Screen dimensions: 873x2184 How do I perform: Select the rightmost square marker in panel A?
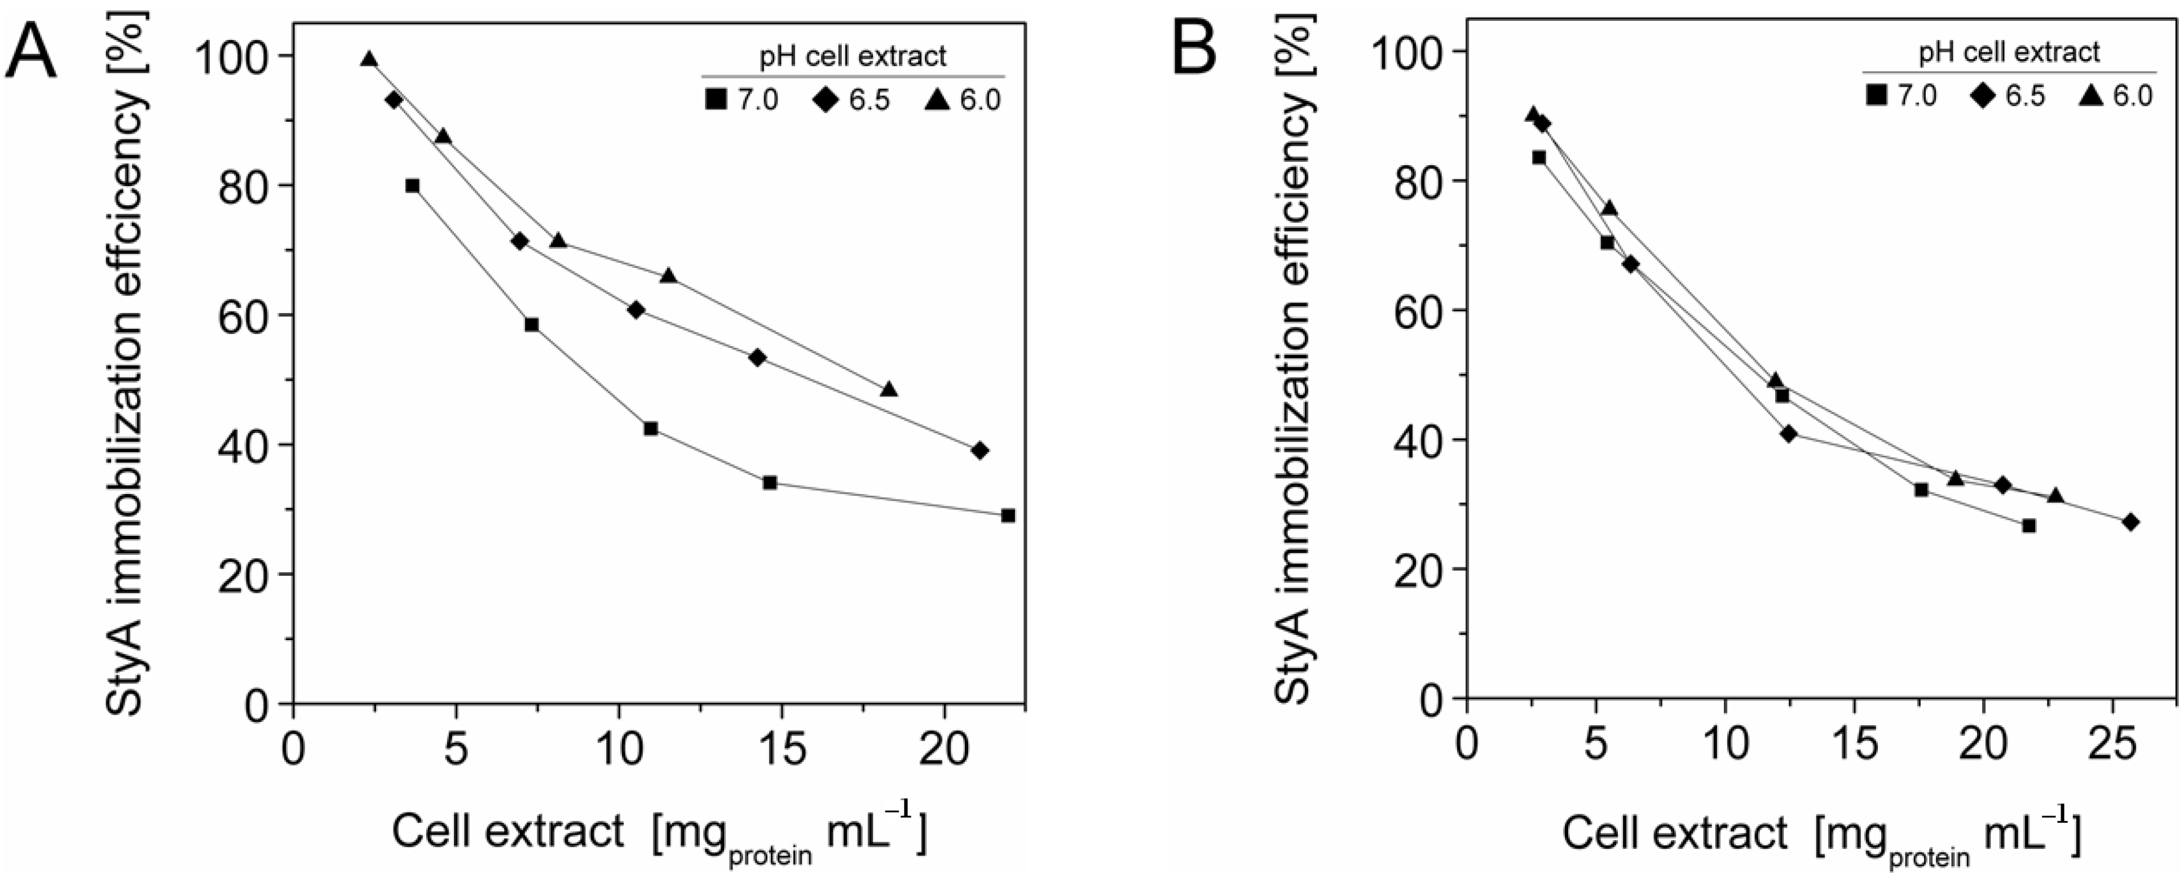pyautogui.click(x=1007, y=515)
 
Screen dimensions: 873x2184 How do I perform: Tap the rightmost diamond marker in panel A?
pyautogui.click(x=980, y=450)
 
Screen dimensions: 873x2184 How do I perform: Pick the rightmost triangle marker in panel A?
pyautogui.click(x=889, y=390)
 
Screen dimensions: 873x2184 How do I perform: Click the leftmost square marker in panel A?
pyautogui.click(x=412, y=186)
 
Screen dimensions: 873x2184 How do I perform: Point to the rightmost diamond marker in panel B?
pyautogui.click(x=2130, y=522)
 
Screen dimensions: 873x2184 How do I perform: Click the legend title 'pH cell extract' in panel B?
pyautogui.click(x=2009, y=52)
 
